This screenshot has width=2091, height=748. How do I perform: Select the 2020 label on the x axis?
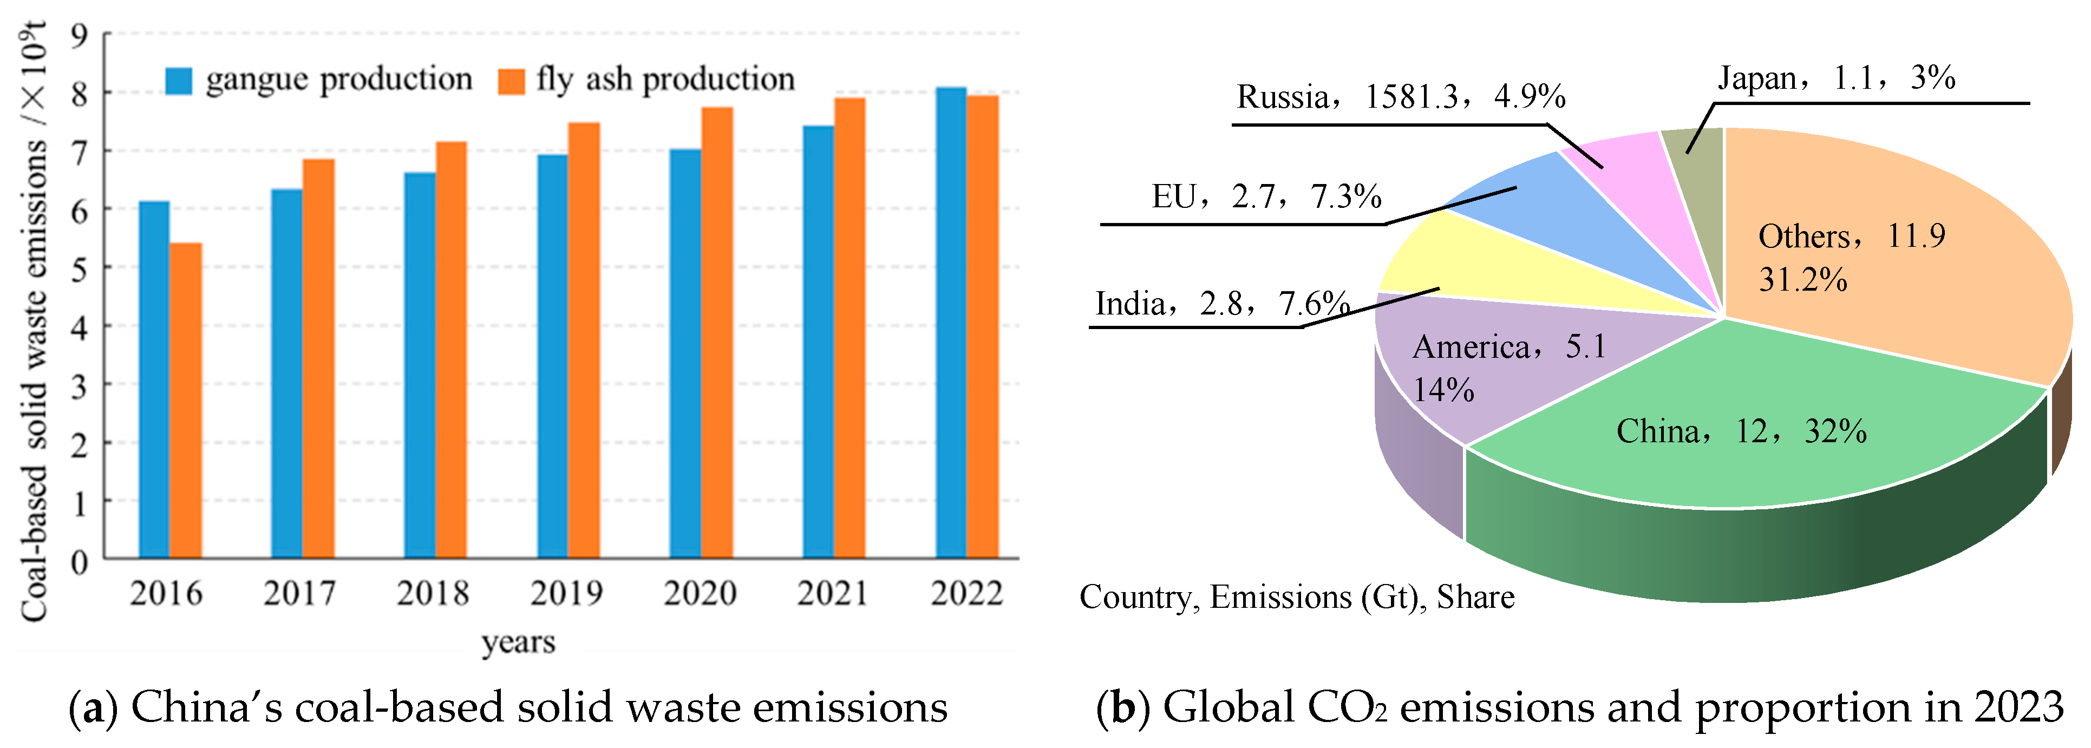coord(700,593)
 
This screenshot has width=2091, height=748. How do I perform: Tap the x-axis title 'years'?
coord(518,642)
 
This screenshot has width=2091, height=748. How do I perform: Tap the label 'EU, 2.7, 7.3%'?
coord(1266,197)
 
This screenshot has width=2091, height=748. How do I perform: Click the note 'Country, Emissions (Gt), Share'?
coord(1296,597)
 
